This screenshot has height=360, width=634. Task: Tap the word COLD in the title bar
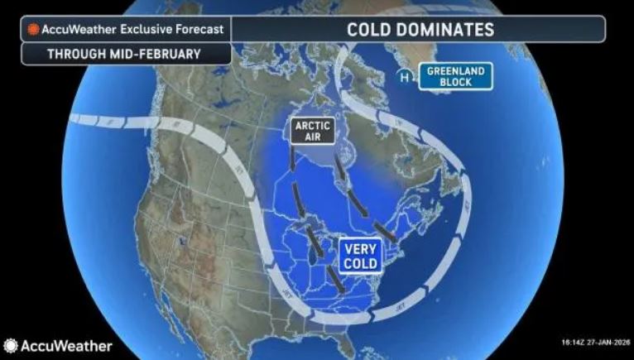click(x=368, y=30)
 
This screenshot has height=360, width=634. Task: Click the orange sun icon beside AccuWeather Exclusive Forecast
click(x=33, y=30)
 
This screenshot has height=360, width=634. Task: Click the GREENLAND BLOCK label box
click(x=455, y=76)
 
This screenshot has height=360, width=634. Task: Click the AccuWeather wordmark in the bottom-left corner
click(x=66, y=345)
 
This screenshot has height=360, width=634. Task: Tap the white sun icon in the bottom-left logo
click(x=11, y=345)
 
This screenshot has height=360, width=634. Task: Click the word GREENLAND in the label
click(x=455, y=70)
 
